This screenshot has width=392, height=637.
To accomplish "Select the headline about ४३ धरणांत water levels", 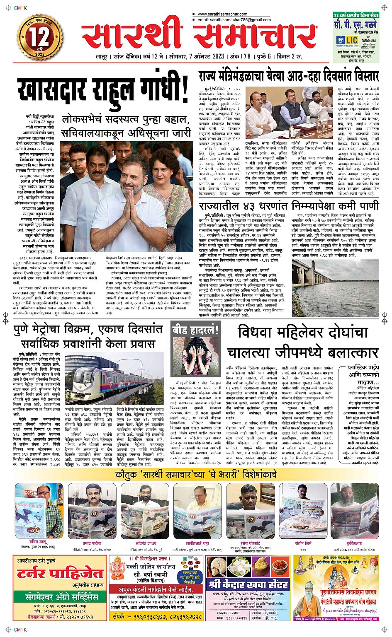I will pyautogui.click(x=289, y=206).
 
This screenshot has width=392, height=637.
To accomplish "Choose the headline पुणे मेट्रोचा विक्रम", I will pyautogui.click(x=87, y=337).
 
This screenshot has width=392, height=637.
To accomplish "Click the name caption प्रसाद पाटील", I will pyautogui.click(x=92, y=543).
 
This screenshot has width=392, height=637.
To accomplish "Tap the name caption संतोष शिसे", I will pyautogui.click(x=303, y=543).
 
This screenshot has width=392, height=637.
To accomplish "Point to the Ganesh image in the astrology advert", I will pyautogui.click(x=118, y=569).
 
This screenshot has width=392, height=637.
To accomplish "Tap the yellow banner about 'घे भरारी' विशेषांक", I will pyautogui.click(x=196, y=475).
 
